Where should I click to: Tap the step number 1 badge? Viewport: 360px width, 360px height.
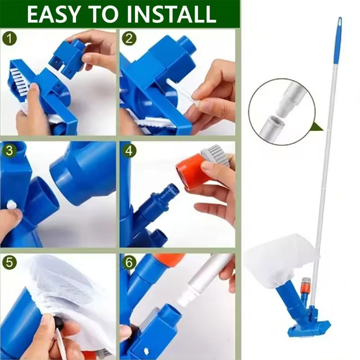(x=9, y=39)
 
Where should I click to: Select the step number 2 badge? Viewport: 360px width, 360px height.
(x=129, y=39)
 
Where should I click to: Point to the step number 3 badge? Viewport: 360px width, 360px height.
(x=9, y=151)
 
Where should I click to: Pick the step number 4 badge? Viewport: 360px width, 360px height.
(x=129, y=151)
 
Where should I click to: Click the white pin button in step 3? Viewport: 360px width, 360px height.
(x=12, y=204)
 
